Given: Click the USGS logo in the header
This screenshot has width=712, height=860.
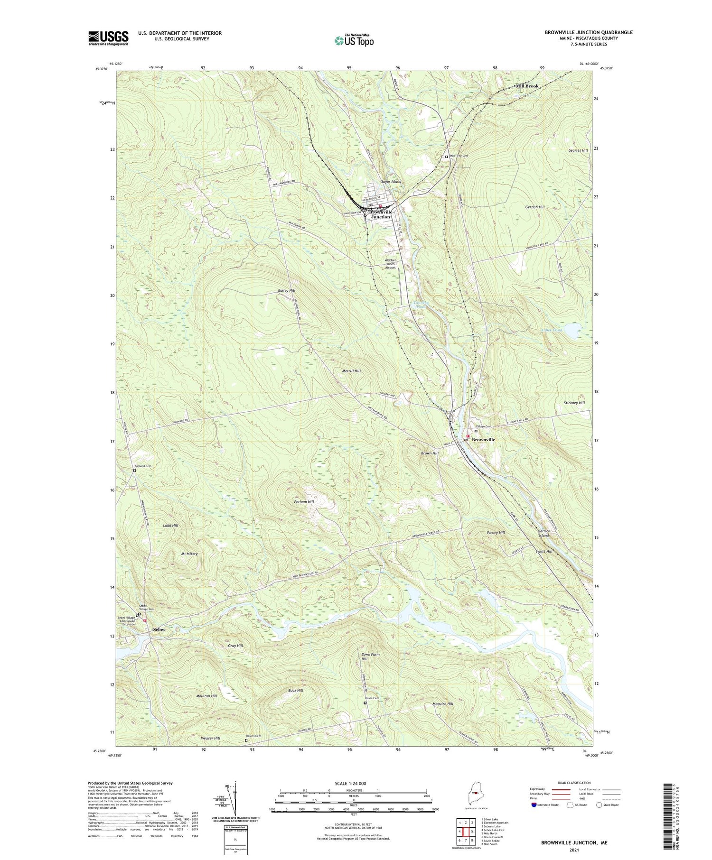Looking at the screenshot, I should click(108, 37).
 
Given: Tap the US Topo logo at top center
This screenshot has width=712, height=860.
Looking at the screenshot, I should click(354, 40).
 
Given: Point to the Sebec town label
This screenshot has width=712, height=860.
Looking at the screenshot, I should click(159, 629).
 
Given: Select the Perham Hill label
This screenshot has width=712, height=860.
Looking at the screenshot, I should click(304, 501).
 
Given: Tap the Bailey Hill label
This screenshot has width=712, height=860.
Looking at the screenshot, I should click(287, 290).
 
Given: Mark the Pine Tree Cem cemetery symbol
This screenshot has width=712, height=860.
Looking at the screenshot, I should click(447, 157).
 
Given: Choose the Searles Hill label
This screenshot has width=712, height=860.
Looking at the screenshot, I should click(578, 150).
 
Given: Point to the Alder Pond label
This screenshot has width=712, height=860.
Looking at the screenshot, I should click(552, 330).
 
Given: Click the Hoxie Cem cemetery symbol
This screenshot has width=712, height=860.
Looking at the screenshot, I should click(365, 703).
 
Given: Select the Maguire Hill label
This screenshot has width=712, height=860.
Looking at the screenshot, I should click(443, 704).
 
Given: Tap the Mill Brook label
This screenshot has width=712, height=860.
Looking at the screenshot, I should click(527, 86).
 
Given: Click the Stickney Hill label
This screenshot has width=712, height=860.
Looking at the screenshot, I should click(574, 403).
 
